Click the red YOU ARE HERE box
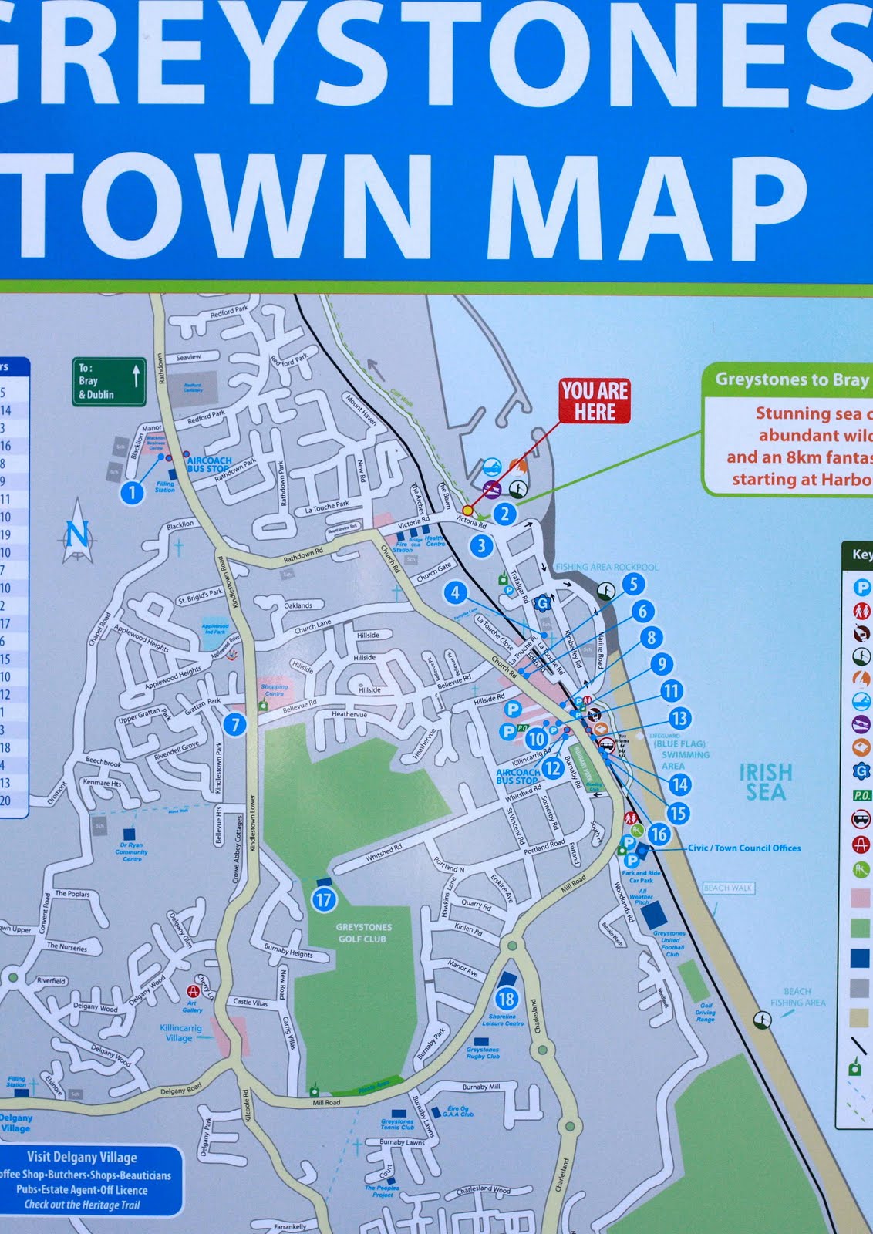click(594, 401)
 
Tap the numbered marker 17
click(323, 899)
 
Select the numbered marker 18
click(506, 1000)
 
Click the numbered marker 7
click(234, 724)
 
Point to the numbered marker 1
click(132, 492)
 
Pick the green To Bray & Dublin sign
click(109, 382)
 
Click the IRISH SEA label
click(765, 782)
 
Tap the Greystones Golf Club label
click(362, 933)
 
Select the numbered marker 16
click(658, 834)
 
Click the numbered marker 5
click(633, 584)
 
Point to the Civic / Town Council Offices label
click(743, 848)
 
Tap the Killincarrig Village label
click(180, 1033)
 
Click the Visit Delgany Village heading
click(82, 1157)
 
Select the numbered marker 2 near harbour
click(504, 514)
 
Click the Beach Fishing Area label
click(797, 997)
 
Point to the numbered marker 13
click(679, 719)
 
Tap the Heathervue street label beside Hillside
click(349, 714)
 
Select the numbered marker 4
click(455, 593)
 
